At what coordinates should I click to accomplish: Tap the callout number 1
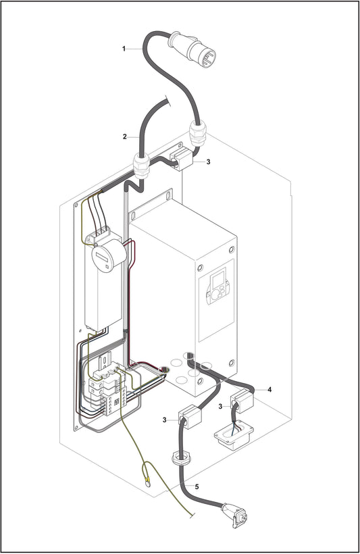pos(124,48)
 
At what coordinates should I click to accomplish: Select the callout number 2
pos(124,137)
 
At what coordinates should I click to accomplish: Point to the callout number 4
pos(269,390)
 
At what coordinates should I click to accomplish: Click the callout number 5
pos(197,486)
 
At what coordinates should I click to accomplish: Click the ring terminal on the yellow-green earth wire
pos(147,481)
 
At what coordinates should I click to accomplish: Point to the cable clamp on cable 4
pos(242,401)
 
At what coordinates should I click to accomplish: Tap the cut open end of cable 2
pos(166,102)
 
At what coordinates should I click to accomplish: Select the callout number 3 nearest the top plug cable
pos(208,162)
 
